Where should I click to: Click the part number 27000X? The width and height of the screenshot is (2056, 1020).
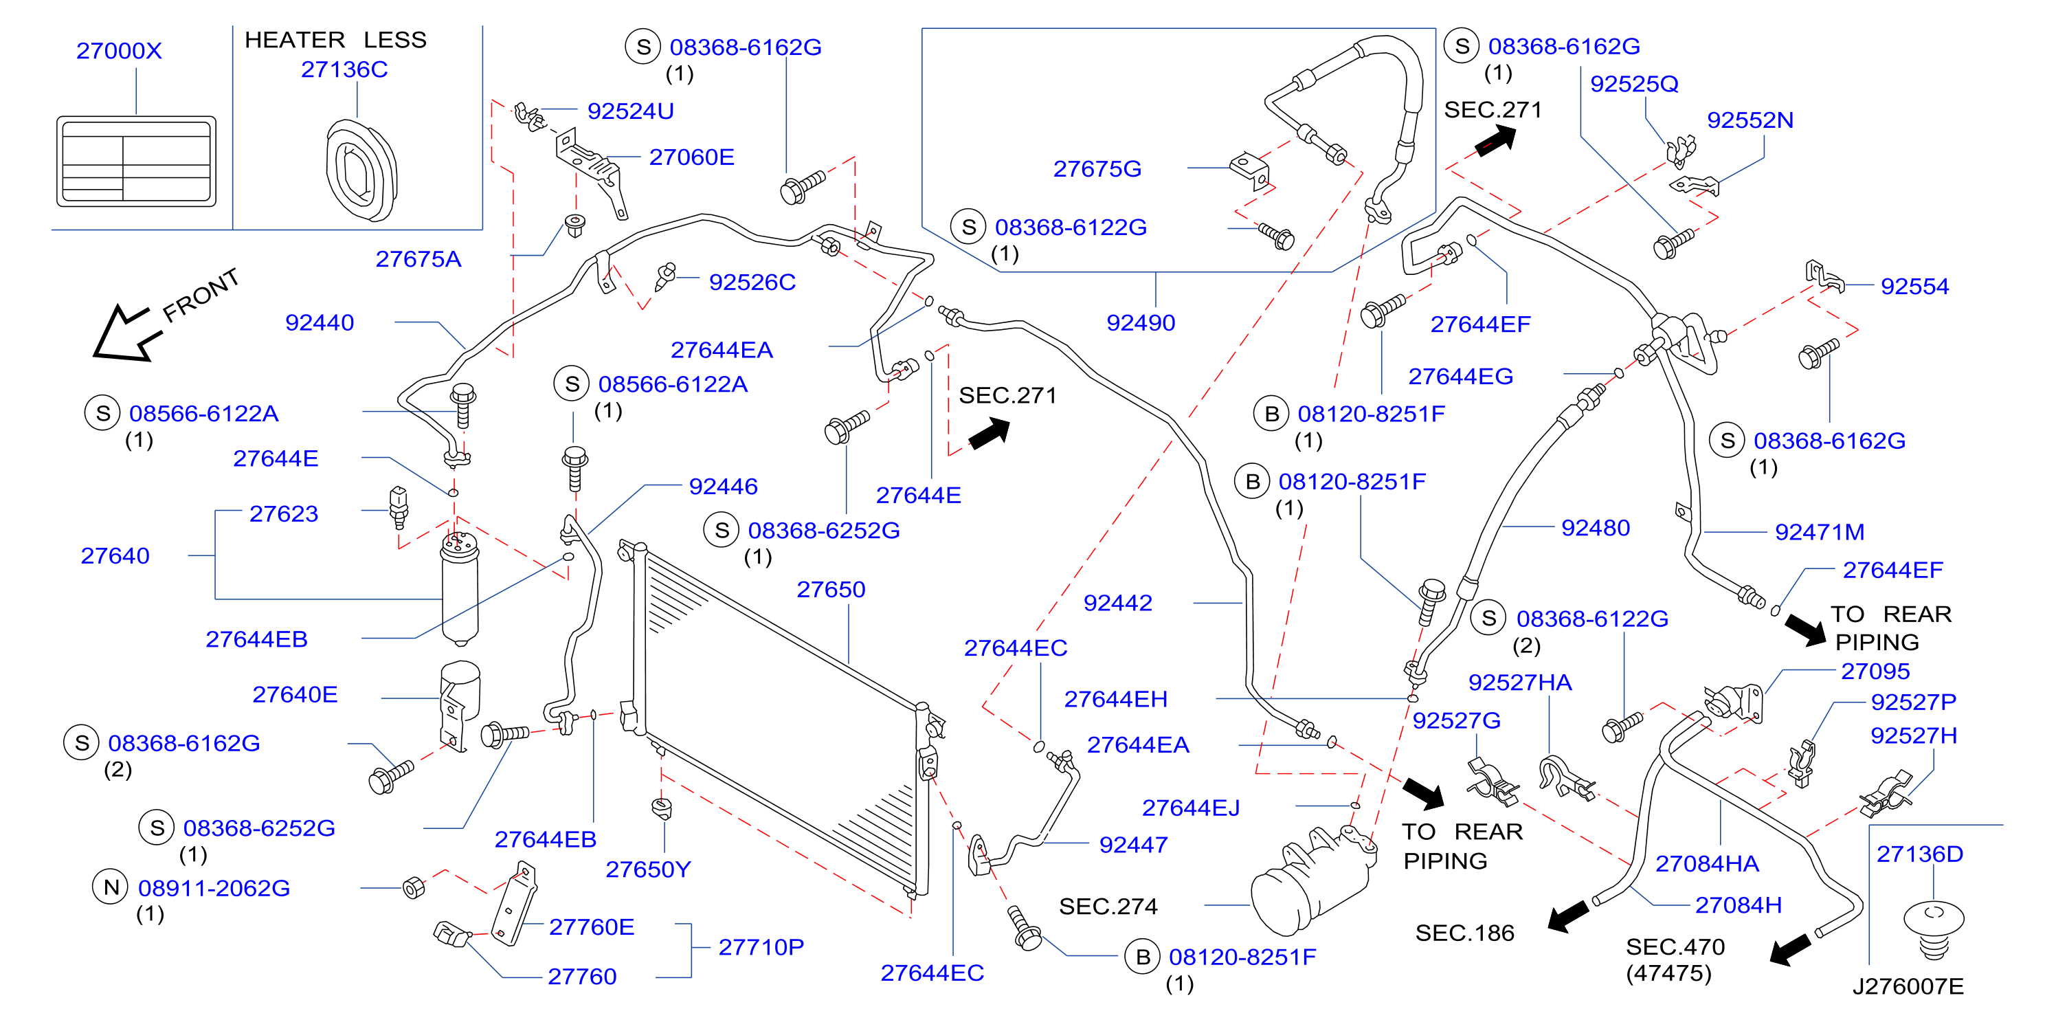tap(119, 51)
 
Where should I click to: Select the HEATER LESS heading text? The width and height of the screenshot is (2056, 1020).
tap(335, 40)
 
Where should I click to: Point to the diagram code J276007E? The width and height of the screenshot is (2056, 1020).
tap(1908, 986)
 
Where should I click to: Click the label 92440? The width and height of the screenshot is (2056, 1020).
tap(320, 322)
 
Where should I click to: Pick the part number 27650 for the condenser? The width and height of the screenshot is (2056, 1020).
tap(831, 589)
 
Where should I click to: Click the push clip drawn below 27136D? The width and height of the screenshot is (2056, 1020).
tap(1933, 931)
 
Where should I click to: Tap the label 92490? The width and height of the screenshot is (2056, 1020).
tap(1141, 322)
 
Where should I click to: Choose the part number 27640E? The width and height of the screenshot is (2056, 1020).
tap(295, 694)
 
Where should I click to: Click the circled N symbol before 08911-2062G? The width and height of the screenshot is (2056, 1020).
tap(111, 887)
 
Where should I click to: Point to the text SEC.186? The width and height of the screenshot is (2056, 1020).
tap(1464, 933)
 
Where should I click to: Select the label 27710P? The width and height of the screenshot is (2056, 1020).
tap(761, 946)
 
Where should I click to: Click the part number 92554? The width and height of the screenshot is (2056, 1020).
tap(1914, 287)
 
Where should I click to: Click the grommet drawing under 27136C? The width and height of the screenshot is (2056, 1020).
tap(361, 170)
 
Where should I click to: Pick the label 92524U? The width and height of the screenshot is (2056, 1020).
tap(631, 111)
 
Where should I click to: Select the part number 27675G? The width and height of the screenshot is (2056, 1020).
tap(1097, 168)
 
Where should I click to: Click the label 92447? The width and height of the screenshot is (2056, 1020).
tap(1133, 845)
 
